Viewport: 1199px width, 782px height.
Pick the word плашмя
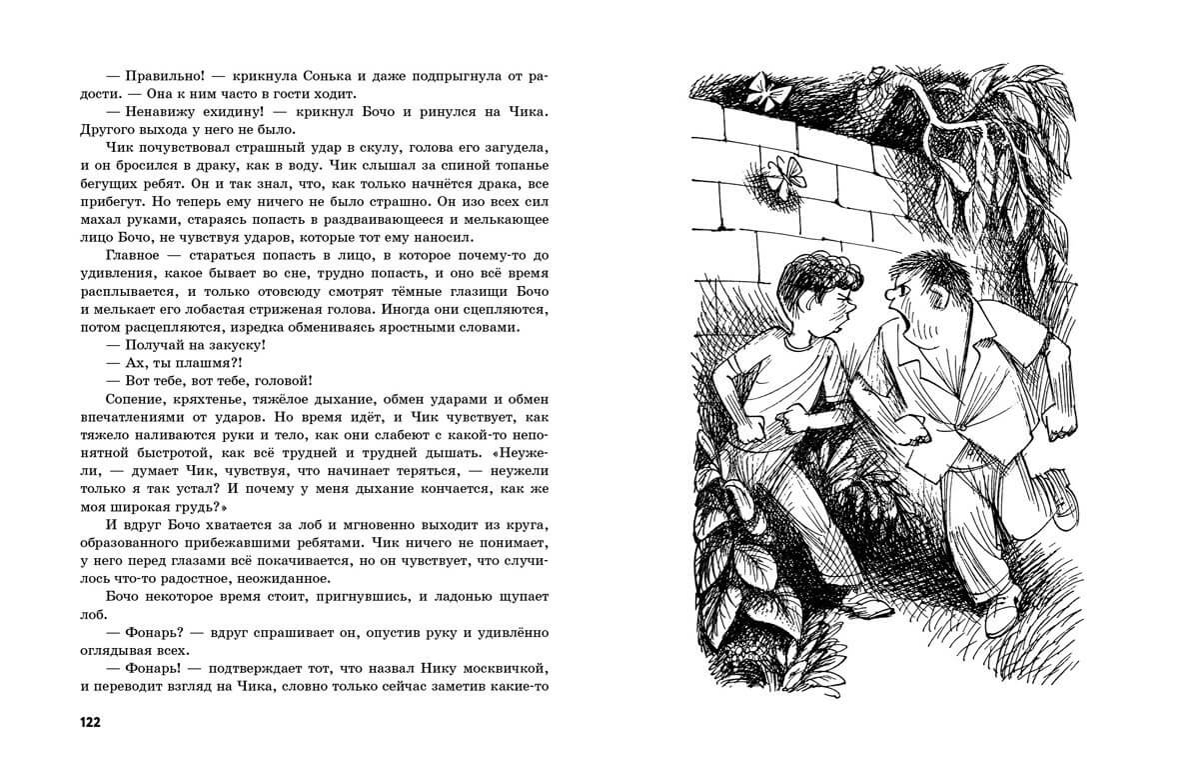pyautogui.click(x=198, y=362)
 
